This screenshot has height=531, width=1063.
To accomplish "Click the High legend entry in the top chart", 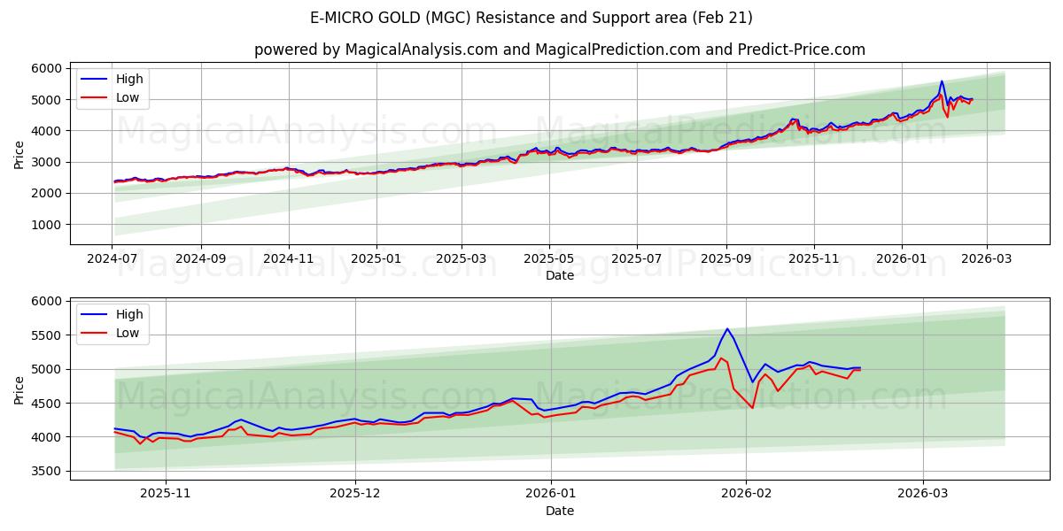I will click(x=128, y=79).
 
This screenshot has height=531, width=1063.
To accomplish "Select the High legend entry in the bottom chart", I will click(x=128, y=313).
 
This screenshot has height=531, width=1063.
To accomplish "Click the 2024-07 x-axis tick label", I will click(x=112, y=258).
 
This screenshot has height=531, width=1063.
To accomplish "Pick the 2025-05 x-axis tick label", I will click(x=548, y=258).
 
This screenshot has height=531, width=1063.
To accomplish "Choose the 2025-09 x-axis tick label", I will click(x=725, y=258).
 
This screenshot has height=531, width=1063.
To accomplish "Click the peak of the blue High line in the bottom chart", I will click(x=727, y=328).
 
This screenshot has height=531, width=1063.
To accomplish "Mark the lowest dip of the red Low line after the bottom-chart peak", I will click(x=752, y=407).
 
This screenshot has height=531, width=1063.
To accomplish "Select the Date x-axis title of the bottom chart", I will click(x=559, y=511).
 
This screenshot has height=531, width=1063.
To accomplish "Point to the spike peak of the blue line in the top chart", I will click(x=942, y=81).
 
